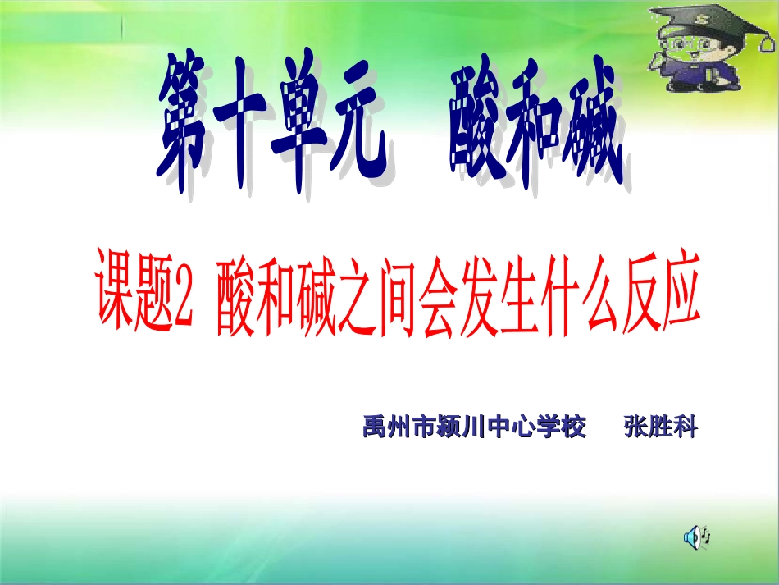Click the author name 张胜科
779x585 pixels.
coord(659,427)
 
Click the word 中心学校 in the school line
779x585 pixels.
coord(538,427)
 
